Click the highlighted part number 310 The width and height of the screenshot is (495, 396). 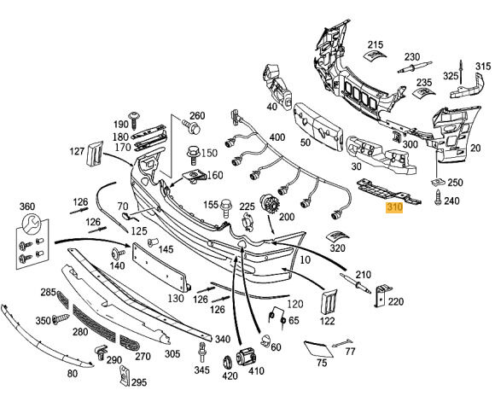point(394,207)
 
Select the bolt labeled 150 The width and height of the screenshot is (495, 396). point(193,155)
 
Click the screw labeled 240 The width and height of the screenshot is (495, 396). point(438,197)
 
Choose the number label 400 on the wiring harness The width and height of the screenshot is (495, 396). point(277,137)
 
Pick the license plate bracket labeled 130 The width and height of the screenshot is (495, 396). point(161,266)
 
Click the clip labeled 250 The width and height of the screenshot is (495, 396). point(437,182)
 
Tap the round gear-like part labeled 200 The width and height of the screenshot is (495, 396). point(267,205)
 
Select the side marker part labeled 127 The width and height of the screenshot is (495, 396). point(95,154)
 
